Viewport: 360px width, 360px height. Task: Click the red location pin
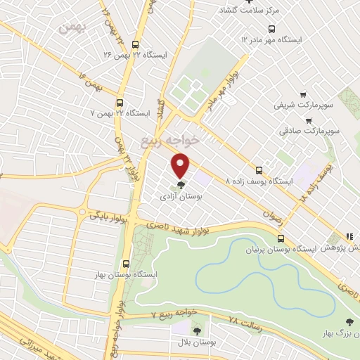coord(181,165)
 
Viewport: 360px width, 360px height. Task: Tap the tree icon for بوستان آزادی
coord(181,186)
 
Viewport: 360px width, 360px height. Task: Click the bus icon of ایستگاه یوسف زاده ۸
coord(260,169)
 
